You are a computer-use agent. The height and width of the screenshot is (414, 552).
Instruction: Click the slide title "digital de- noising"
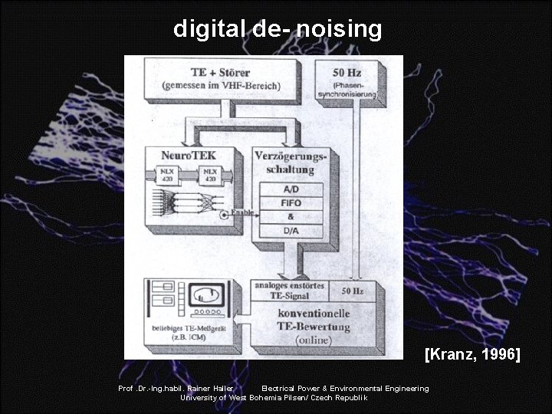tap(277, 29)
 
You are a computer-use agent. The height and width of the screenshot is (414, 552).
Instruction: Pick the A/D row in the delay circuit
tap(291, 189)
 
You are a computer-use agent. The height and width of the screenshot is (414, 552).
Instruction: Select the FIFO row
tap(291, 203)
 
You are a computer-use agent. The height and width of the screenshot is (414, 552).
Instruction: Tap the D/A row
tap(291, 231)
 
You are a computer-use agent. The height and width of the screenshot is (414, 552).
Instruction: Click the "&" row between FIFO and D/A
tap(291, 217)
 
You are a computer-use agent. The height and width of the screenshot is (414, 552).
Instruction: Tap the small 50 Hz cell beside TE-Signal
tap(352, 291)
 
